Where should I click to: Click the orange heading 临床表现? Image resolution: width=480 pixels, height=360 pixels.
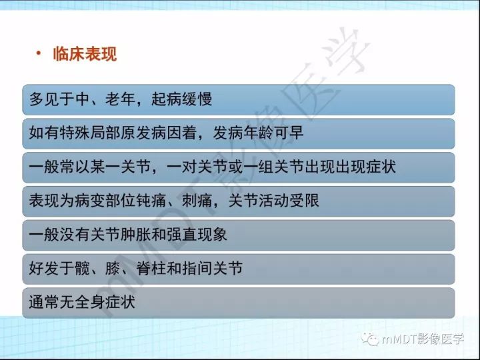[85, 54]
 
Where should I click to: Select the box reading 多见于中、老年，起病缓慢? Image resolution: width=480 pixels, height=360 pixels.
[238, 99]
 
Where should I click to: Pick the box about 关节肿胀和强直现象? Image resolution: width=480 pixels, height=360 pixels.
[238, 235]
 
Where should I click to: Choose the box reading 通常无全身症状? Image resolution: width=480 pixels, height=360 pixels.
[238, 302]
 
